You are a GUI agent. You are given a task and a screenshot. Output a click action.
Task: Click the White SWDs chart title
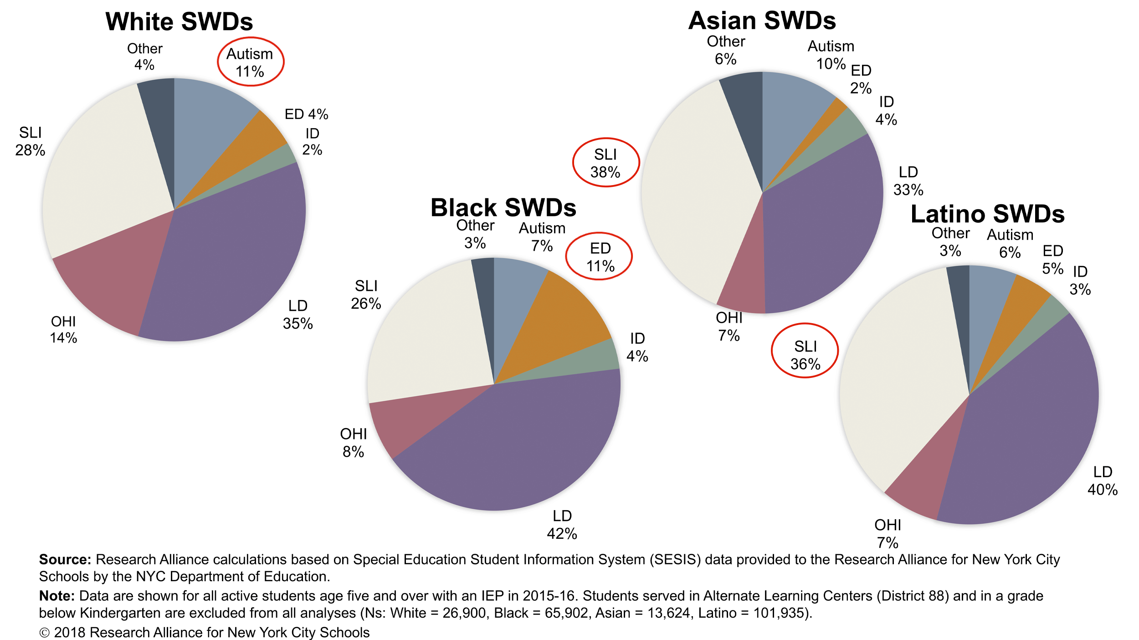pos(179,21)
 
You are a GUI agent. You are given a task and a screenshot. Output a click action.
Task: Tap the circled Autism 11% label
pos(250,62)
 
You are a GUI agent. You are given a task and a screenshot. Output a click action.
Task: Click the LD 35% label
pos(298,315)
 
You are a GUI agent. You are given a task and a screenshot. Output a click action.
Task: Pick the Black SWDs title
pos(503,208)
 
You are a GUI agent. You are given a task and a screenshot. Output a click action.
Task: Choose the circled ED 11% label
pos(600,257)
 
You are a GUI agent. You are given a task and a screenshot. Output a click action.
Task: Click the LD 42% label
pos(562,525)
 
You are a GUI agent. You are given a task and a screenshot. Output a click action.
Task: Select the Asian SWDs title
pos(762,21)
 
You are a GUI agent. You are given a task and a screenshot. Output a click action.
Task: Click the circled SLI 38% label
pos(605,163)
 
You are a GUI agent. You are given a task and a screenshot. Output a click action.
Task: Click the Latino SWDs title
pos(987,214)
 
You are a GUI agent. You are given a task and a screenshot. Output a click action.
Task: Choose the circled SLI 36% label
pos(805,355)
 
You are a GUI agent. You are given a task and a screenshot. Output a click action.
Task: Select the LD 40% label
pos(1102,480)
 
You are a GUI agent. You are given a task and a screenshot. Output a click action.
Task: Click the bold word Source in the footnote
pos(65,560)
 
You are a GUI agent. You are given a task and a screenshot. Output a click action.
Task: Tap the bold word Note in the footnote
pos(56,596)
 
